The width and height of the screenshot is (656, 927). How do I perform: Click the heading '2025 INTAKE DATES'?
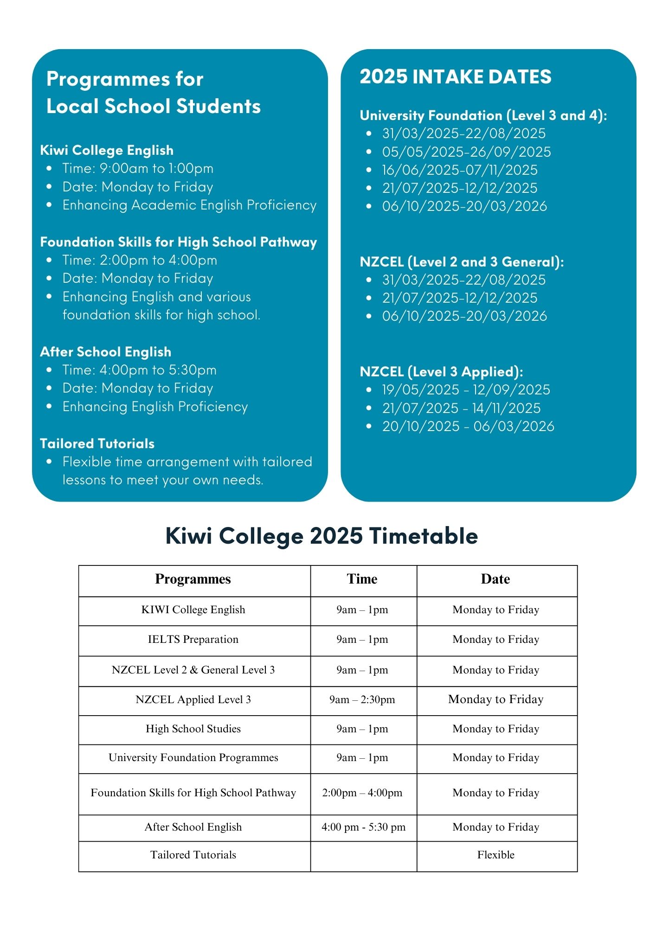(x=455, y=77)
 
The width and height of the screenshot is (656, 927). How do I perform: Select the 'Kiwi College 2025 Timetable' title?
(x=322, y=536)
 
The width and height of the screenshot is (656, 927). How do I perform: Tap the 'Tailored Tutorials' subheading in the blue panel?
(x=97, y=444)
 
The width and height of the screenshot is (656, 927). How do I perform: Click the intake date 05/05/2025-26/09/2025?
(x=466, y=152)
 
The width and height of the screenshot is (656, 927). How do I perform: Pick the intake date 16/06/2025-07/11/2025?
(x=459, y=170)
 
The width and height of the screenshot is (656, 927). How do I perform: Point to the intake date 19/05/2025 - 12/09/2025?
(x=466, y=389)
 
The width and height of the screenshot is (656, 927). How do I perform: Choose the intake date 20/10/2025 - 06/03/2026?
(x=468, y=426)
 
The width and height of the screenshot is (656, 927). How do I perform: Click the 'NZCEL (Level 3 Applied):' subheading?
(x=441, y=371)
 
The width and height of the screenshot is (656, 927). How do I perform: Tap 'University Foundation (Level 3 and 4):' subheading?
(x=483, y=115)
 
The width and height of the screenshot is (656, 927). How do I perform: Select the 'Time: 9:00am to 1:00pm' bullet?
(x=138, y=168)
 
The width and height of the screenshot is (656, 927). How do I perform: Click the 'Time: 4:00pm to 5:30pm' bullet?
(x=139, y=370)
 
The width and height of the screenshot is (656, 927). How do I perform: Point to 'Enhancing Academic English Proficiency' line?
(x=189, y=205)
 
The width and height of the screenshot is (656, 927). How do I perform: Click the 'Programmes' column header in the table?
(x=193, y=579)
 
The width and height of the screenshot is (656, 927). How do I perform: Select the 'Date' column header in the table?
(x=495, y=579)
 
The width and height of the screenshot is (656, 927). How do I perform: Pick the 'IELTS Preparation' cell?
(x=193, y=639)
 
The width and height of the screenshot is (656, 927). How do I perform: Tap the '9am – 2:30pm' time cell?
(x=362, y=699)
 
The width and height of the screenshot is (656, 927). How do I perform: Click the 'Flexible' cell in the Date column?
(x=495, y=855)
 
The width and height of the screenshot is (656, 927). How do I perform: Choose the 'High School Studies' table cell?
(x=193, y=729)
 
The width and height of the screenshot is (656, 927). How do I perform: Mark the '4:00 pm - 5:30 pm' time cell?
(x=363, y=827)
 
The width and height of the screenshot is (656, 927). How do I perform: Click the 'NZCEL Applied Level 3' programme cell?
(x=193, y=699)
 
